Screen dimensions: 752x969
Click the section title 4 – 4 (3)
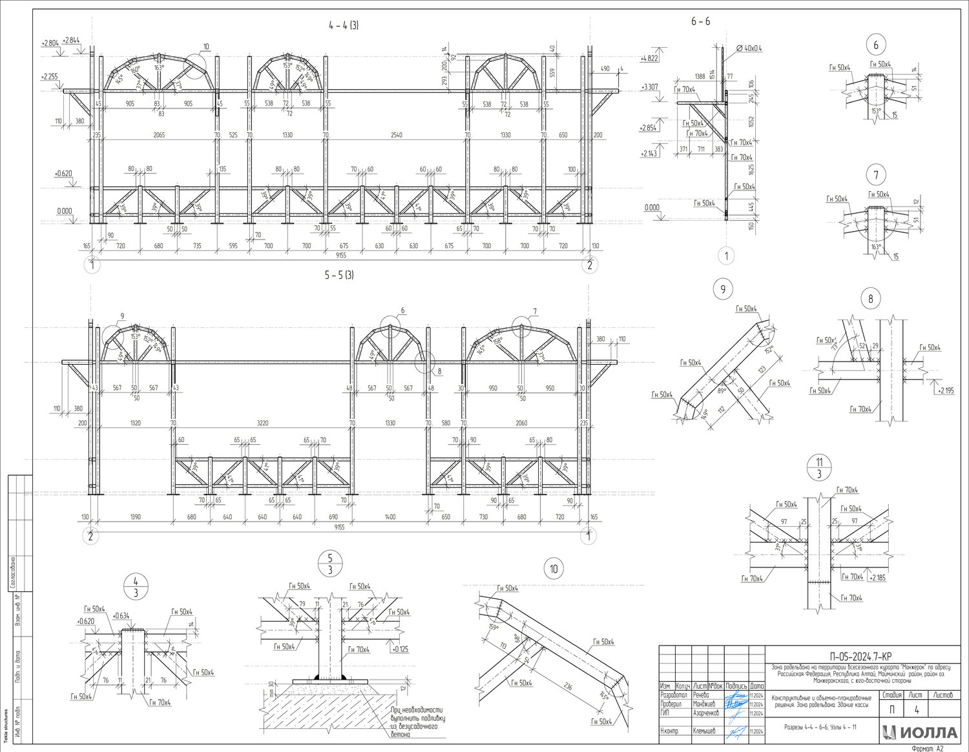(343, 26)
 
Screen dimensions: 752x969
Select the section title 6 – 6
(700, 21)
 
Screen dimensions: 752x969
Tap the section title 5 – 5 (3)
(339, 275)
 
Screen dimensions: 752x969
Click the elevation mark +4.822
(649, 58)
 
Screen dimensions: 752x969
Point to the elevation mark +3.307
(649, 87)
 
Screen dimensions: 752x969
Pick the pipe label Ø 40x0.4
(749, 48)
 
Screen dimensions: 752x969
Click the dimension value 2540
(397, 135)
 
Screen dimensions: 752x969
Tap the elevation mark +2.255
(49, 77)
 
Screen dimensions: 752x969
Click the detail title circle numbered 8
(871, 299)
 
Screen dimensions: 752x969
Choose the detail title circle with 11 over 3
(819, 468)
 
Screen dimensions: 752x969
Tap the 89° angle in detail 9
(722, 390)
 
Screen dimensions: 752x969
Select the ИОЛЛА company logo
(921, 732)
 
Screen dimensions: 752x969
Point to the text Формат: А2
(928, 748)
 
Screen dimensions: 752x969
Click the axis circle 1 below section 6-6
(726, 256)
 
